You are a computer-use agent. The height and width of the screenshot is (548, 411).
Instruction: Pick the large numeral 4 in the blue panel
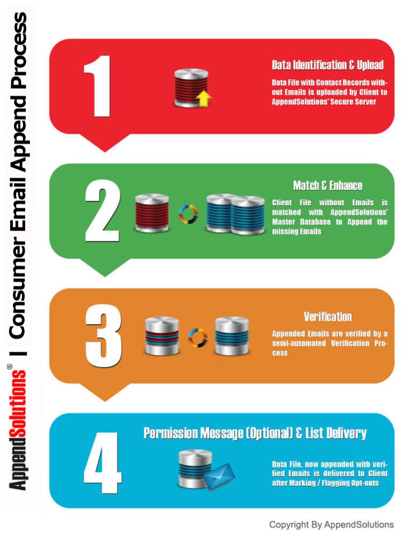[103, 462]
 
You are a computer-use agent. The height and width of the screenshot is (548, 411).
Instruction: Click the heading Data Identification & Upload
[328, 65]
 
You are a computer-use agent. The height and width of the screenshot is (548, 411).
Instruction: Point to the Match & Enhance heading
[328, 186]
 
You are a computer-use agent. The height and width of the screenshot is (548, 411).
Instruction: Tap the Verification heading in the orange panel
[328, 316]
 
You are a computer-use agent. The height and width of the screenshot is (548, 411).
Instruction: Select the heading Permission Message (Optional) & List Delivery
[255, 433]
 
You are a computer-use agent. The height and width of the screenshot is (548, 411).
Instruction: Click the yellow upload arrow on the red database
[204, 98]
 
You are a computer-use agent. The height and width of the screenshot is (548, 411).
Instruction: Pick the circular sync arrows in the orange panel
[197, 337]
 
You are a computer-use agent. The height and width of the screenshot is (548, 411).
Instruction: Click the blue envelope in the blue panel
[220, 476]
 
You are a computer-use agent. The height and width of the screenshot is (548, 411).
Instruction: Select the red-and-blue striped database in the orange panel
[162, 336]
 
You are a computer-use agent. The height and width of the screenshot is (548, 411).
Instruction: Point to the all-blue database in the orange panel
[232, 336]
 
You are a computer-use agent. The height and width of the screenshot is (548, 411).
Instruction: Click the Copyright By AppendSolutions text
[331, 524]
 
